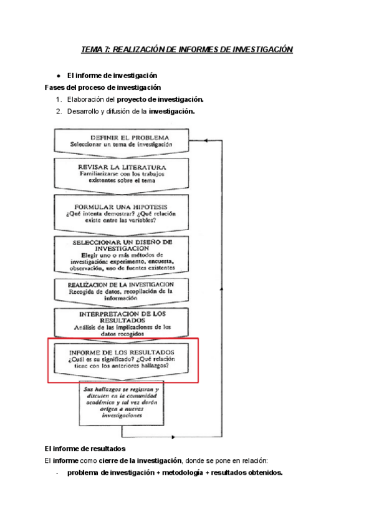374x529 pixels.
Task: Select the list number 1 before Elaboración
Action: coord(58,99)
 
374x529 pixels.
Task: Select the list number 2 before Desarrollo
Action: coord(58,112)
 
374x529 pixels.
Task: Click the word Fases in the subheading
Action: coord(55,87)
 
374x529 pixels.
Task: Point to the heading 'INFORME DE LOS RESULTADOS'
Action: coord(122,352)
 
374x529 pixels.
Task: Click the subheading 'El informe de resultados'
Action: coord(85,448)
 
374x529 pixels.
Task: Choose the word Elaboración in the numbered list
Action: coord(87,99)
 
